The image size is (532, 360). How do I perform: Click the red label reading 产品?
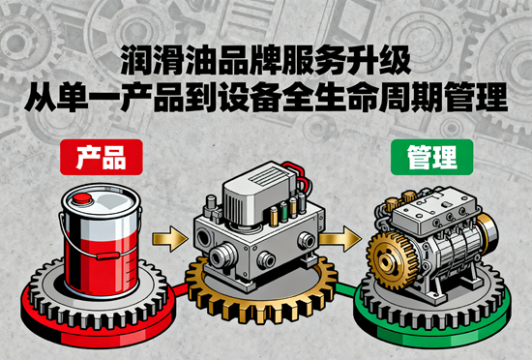(101, 157)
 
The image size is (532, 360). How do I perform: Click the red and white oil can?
(102, 237)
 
